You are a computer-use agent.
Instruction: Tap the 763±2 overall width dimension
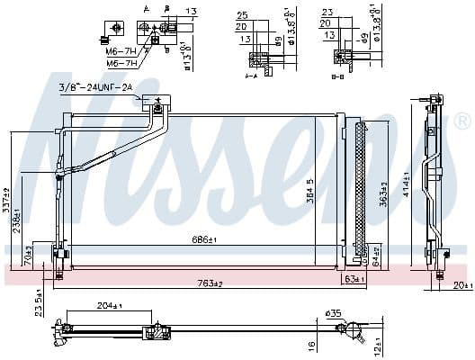(210, 283)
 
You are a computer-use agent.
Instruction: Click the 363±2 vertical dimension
(383, 193)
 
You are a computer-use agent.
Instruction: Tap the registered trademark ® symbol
(460, 121)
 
